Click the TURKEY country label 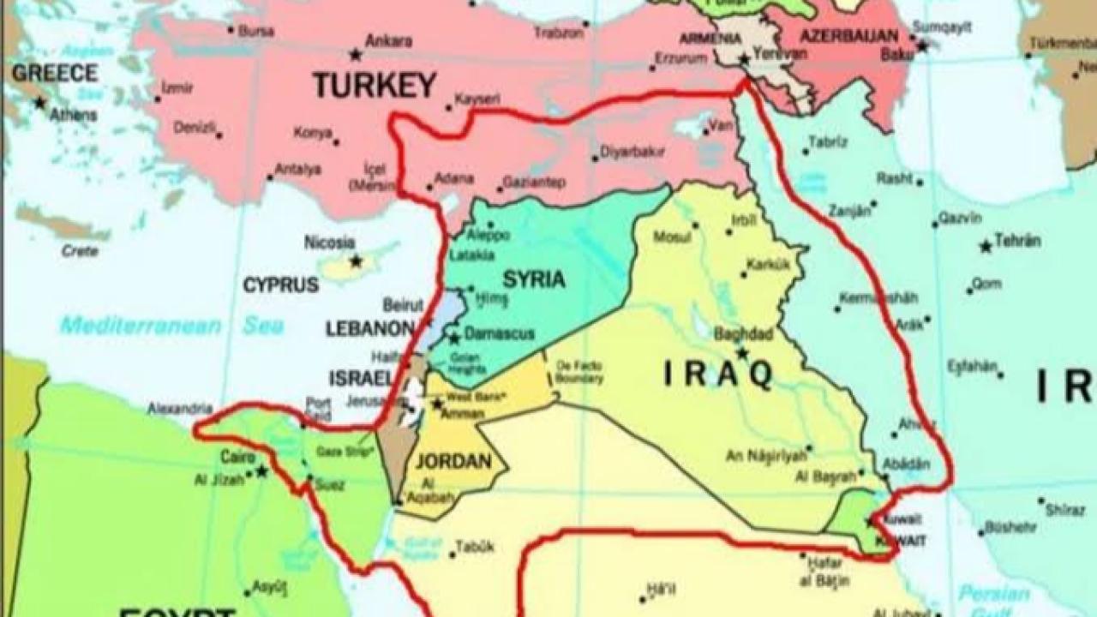click(x=375, y=85)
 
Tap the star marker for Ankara click(x=356, y=56)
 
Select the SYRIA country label click(x=533, y=279)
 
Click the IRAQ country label click(x=719, y=374)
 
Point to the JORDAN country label click(x=453, y=461)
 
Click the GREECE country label click(x=54, y=73)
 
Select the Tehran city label click(x=1017, y=241)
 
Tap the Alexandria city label click(x=179, y=409)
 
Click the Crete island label click(x=80, y=251)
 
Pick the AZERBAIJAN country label click(x=848, y=37)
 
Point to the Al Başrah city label click(x=825, y=476)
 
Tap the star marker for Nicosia click(x=355, y=261)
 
